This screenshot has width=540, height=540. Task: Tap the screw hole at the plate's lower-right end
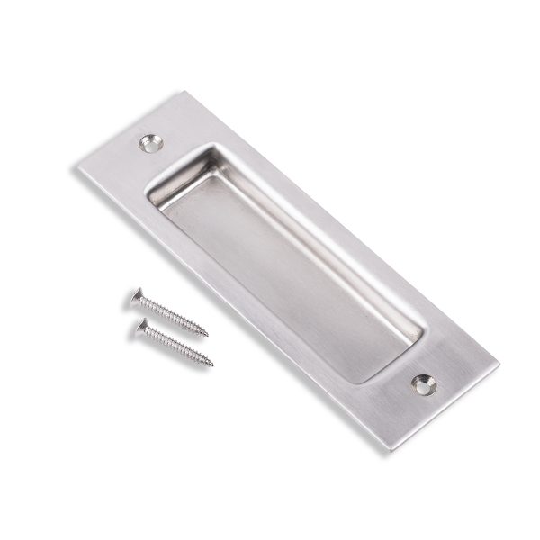[x=422, y=384]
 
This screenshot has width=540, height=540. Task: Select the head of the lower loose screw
[x=142, y=328]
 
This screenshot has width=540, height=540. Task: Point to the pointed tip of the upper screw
[x=207, y=335]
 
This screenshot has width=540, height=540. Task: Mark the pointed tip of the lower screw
[x=212, y=365]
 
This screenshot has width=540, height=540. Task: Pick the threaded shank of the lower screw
[x=180, y=347]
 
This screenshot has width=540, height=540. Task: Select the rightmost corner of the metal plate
[x=498, y=364]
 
